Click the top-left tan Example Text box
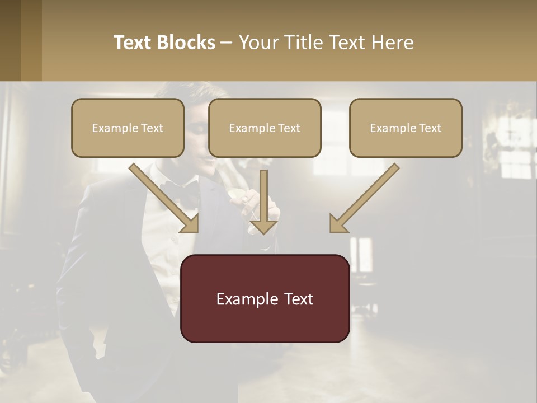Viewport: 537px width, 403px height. coord(128,128)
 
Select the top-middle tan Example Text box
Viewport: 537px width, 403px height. coord(265,128)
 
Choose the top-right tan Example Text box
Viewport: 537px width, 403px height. coord(406,128)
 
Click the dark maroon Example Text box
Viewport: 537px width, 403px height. coord(265,298)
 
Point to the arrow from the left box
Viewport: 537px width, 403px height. coord(162,196)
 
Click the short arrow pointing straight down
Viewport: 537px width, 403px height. coord(263,201)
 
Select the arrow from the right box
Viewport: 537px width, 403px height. coord(366,196)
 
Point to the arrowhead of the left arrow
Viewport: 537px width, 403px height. coord(191,224)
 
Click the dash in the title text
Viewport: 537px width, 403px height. coord(227,43)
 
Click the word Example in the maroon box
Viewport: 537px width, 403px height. coord(243,298)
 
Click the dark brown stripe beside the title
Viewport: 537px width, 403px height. coord(11,40)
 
